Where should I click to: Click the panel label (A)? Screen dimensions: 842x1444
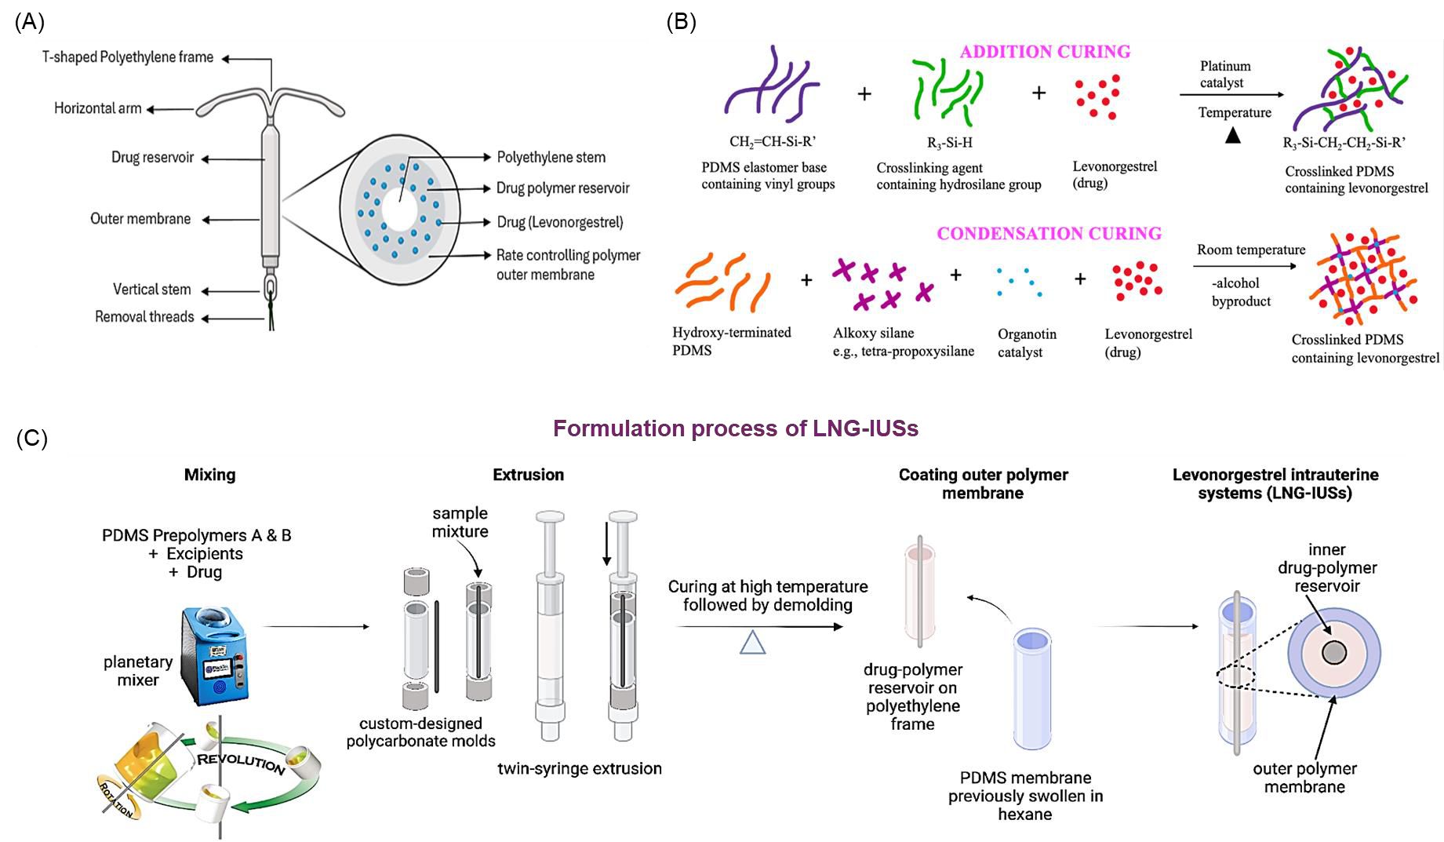pos(29,22)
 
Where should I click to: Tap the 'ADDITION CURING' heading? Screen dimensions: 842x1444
pos(1045,52)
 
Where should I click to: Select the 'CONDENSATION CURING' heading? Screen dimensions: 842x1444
pos(1049,234)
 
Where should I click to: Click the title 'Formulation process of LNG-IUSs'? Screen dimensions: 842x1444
pos(735,428)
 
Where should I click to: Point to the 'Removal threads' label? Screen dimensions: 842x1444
pos(144,317)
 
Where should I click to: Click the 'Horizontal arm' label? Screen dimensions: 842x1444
pos(97,108)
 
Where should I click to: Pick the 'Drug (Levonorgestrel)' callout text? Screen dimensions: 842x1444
pos(559,222)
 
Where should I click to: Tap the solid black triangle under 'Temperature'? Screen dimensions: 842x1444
pos(1233,136)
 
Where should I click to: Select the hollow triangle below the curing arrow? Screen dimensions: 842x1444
pos(752,643)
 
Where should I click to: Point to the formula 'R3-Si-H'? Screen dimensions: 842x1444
pos(949,143)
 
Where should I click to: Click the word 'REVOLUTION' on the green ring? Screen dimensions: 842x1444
pos(241,763)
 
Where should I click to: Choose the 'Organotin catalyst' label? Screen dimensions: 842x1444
pos(1027,343)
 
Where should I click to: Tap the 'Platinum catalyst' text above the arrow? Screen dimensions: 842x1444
pos(1224,75)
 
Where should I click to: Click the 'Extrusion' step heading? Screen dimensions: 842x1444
pos(528,475)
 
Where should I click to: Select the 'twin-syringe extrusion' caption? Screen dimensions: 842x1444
pos(579,769)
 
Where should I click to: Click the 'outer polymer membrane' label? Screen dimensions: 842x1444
pos(1304,778)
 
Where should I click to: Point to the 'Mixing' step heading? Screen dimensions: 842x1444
pos(209,475)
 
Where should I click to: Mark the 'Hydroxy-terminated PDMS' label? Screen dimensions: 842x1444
pos(731,341)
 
